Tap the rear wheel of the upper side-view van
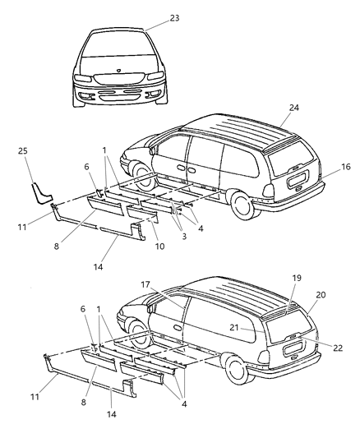coord(244,203)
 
